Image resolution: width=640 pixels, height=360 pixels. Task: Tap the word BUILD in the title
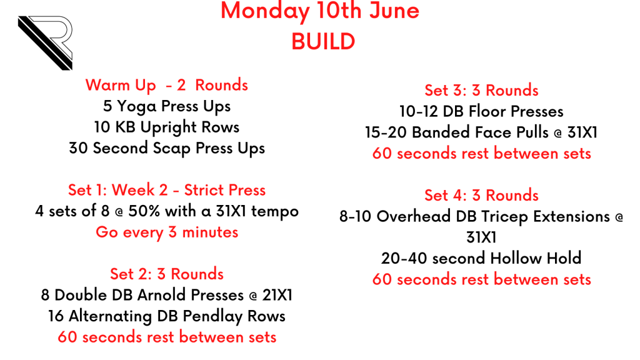(x=323, y=42)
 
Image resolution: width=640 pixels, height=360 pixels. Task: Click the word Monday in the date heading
(x=265, y=11)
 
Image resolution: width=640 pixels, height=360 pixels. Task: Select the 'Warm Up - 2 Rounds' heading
(x=166, y=85)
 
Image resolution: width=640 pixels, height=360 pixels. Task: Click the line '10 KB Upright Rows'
(x=166, y=127)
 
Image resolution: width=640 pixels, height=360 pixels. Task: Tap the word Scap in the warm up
(x=171, y=149)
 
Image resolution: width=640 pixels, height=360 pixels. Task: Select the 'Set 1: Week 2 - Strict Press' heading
(x=166, y=190)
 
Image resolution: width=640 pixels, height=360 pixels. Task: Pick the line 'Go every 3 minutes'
(x=167, y=232)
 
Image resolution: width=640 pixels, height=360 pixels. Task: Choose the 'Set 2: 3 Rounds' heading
(x=166, y=274)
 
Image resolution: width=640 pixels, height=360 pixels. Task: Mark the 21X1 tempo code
(x=277, y=295)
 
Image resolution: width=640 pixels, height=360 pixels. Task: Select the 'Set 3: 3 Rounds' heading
(x=481, y=91)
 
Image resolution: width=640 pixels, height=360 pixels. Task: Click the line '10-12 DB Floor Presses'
(x=481, y=111)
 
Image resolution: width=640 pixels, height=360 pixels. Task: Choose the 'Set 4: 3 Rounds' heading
(x=481, y=196)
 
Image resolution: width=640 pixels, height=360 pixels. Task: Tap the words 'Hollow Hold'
(x=536, y=258)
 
